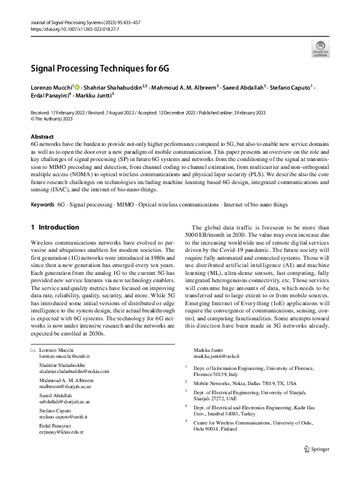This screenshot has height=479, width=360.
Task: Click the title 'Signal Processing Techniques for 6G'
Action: tap(100, 67)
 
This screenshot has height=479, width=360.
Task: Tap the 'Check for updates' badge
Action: tap(319, 49)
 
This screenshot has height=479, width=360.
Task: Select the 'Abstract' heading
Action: tap(42, 137)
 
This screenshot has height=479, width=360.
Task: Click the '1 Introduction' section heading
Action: tap(54, 227)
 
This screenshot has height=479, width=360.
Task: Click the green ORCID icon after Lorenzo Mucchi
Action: tap(77, 88)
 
